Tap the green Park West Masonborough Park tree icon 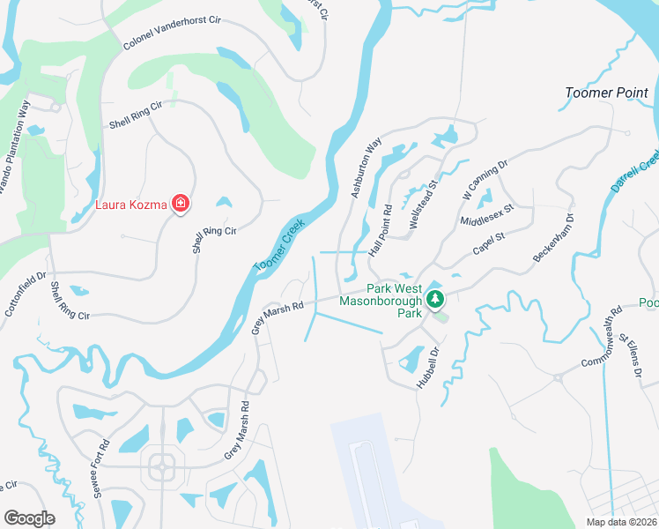pos(434,301)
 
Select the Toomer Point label pos(606,93)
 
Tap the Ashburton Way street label pos(367,167)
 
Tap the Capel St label pos(487,243)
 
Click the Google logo pos(29,518)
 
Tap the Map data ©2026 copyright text pos(622,522)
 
